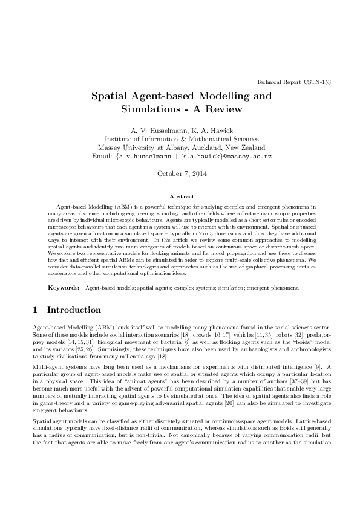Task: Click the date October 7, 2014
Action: [180, 175]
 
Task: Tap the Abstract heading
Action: [180, 197]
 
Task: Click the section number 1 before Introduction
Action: [34, 310]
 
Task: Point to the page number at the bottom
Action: [180, 478]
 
